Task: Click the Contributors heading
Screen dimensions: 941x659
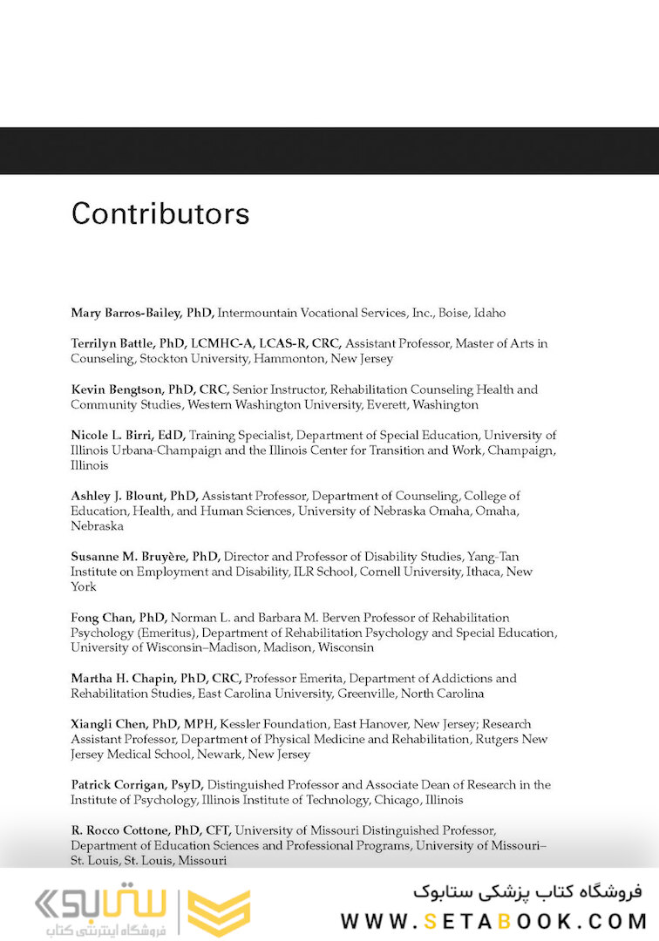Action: (x=160, y=213)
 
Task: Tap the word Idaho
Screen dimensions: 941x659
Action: (x=489, y=313)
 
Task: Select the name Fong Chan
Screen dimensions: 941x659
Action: (x=99, y=617)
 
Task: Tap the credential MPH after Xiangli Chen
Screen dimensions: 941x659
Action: (x=198, y=724)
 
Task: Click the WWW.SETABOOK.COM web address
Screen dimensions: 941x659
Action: (x=493, y=920)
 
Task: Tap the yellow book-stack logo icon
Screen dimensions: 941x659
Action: (x=219, y=912)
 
